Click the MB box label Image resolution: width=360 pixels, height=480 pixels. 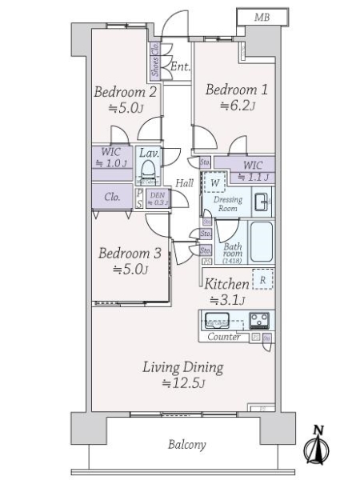pyautogui.click(x=262, y=17)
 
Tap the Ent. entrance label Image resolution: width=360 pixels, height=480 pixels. pyautogui.click(x=179, y=66)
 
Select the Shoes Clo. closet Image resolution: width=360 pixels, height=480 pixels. pyautogui.click(x=154, y=61)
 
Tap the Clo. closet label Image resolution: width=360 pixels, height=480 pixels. pyautogui.click(x=112, y=195)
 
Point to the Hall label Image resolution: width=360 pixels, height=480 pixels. pyautogui.click(x=185, y=183)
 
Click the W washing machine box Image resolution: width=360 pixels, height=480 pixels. pyautogui.click(x=214, y=182)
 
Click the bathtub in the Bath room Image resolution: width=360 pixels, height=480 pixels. pyautogui.click(x=261, y=242)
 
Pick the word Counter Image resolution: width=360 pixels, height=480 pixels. pyautogui.click(x=224, y=338)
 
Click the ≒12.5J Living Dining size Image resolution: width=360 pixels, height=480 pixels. pyautogui.click(x=183, y=384)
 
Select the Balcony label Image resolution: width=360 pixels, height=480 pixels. pyautogui.click(x=186, y=445)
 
